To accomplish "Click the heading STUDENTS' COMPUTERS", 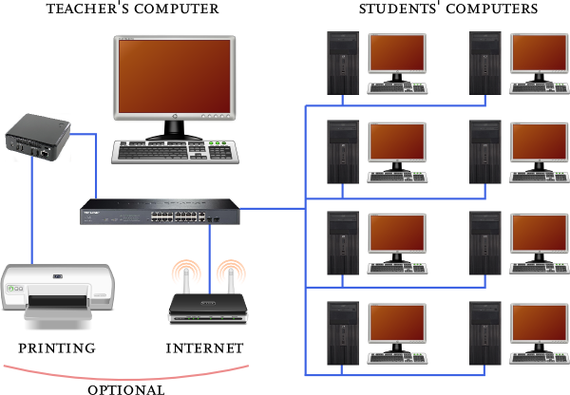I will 448,9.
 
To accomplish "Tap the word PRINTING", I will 57,348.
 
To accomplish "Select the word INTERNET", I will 204,348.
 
